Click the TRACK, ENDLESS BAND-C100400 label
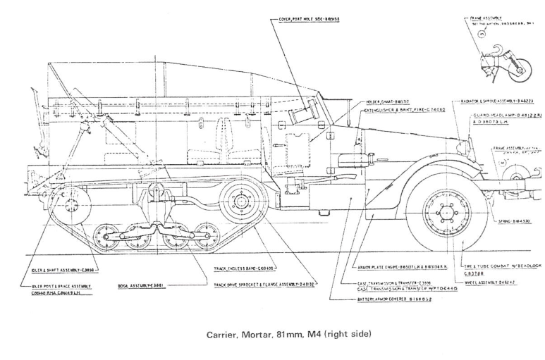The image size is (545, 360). [x=244, y=268]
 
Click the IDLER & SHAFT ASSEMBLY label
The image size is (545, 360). [x=61, y=269]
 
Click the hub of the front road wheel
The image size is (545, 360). [x=446, y=212]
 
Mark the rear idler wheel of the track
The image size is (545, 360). [x=70, y=206]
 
